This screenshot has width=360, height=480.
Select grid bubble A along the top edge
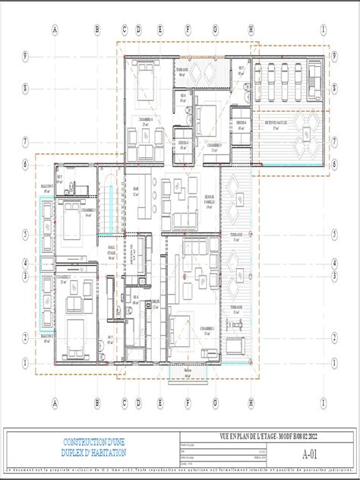pyautogui.click(x=55, y=30)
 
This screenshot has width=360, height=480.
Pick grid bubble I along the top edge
pyautogui.click(x=324, y=30)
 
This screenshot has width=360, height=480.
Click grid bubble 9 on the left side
pyautogui.click(x=26, y=56)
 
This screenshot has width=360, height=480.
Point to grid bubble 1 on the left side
pyautogui.click(x=26, y=362)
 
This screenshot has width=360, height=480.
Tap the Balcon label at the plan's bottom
pyautogui.click(x=187, y=371)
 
